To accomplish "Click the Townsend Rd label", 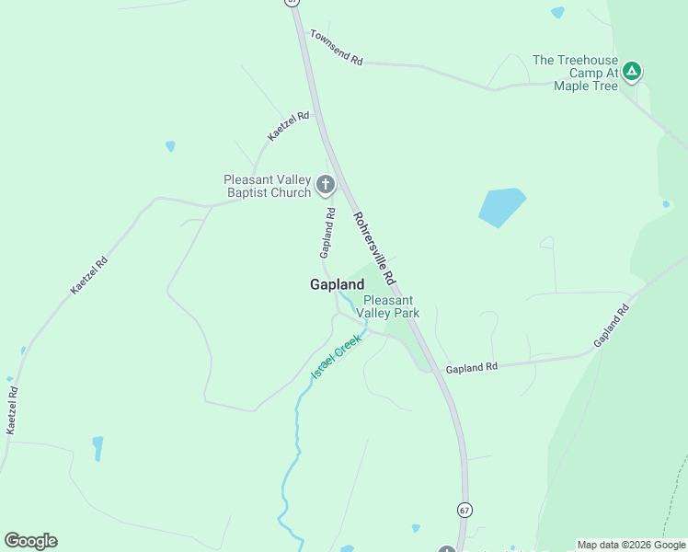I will coord(337,48).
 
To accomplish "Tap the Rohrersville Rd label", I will coord(375,247).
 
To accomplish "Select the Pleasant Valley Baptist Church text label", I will coord(267,186).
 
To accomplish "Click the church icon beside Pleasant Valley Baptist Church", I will coord(325,185).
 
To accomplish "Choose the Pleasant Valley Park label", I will coord(391,306).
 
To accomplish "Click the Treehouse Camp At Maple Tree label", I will coord(575,73).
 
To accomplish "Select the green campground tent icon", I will coord(631,71).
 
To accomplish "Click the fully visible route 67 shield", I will coord(464,509).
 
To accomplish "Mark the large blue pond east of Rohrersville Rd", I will coord(501,206).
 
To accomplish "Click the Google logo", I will coord(30,541).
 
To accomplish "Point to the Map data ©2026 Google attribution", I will coord(631,545).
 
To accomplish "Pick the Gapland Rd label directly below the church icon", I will coord(327,232).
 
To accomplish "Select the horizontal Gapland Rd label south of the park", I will coord(471,367).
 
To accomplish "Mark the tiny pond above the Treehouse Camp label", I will coord(557,12).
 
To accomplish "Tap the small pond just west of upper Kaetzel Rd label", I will coord(170,146).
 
